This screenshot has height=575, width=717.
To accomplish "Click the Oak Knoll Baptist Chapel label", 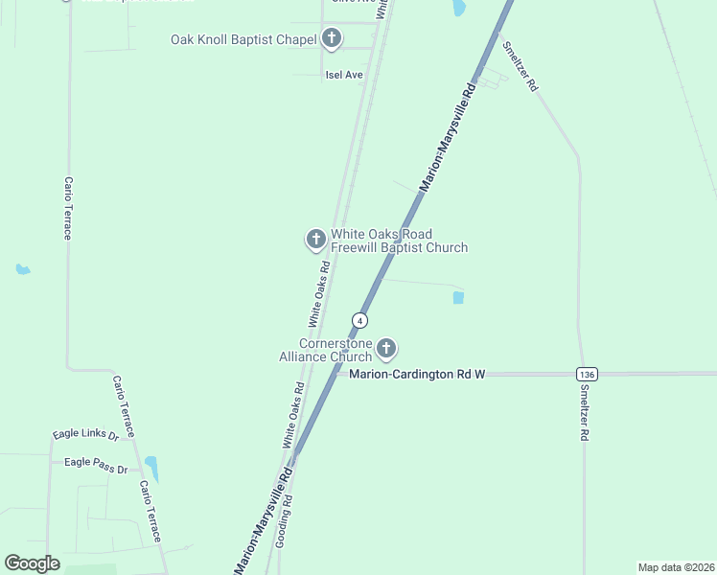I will [x=243, y=39].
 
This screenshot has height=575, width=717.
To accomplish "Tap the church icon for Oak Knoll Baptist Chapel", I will [x=332, y=39].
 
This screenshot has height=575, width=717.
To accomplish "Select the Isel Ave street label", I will [x=344, y=75].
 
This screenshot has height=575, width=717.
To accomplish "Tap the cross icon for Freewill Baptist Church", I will [x=315, y=240].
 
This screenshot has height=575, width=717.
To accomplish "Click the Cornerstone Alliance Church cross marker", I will [x=386, y=348].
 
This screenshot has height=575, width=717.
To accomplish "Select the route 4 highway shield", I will [x=359, y=319].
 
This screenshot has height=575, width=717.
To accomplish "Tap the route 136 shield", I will [x=588, y=373].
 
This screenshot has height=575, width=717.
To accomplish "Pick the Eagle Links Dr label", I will [x=85, y=435].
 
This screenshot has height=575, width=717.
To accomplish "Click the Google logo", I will [x=32, y=563].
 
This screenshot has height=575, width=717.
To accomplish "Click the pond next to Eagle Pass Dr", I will [x=151, y=469].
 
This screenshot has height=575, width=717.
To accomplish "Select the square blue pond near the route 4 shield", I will [x=458, y=298].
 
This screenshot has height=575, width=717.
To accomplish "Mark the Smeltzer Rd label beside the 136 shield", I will [x=584, y=413].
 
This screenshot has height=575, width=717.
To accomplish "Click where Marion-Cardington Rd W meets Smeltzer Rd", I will [x=582, y=373].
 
